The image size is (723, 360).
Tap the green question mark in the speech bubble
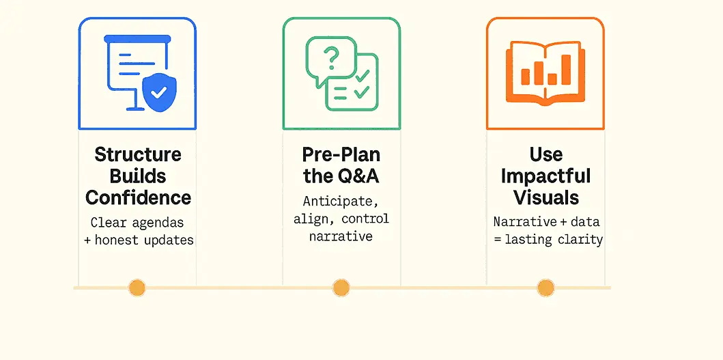click(331, 57)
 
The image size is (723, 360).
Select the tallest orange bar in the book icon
click(566, 70)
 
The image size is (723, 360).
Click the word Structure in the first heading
click(138, 154)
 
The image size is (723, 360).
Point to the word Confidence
click(138, 197)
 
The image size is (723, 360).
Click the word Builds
click(139, 176)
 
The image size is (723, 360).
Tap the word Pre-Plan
click(341, 154)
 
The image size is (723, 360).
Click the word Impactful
click(546, 176)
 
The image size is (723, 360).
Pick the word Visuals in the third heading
click(546, 197)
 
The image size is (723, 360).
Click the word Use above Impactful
click(546, 154)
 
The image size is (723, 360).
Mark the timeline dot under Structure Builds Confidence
click(137, 288)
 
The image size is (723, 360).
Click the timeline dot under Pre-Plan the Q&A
click(341, 288)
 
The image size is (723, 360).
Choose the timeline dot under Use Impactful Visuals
click(545, 288)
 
